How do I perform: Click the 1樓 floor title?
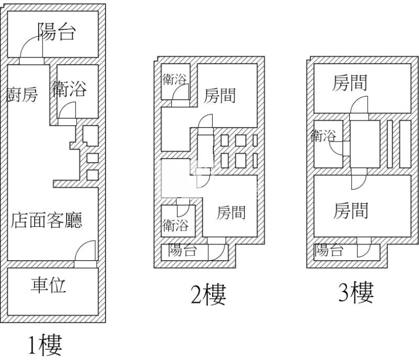(x=45, y=345)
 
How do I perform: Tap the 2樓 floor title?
(x=208, y=295)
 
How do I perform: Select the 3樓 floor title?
(x=356, y=293)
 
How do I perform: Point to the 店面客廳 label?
(x=47, y=221)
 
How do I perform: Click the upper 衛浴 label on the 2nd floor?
(x=174, y=79)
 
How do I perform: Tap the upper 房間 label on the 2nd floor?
(x=219, y=95)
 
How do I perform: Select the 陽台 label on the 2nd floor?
(x=183, y=250)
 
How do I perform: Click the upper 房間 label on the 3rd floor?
(x=349, y=83)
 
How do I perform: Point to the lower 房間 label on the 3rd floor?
(x=351, y=211)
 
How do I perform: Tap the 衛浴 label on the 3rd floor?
(x=323, y=136)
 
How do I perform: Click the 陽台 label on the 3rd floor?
(x=329, y=250)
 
